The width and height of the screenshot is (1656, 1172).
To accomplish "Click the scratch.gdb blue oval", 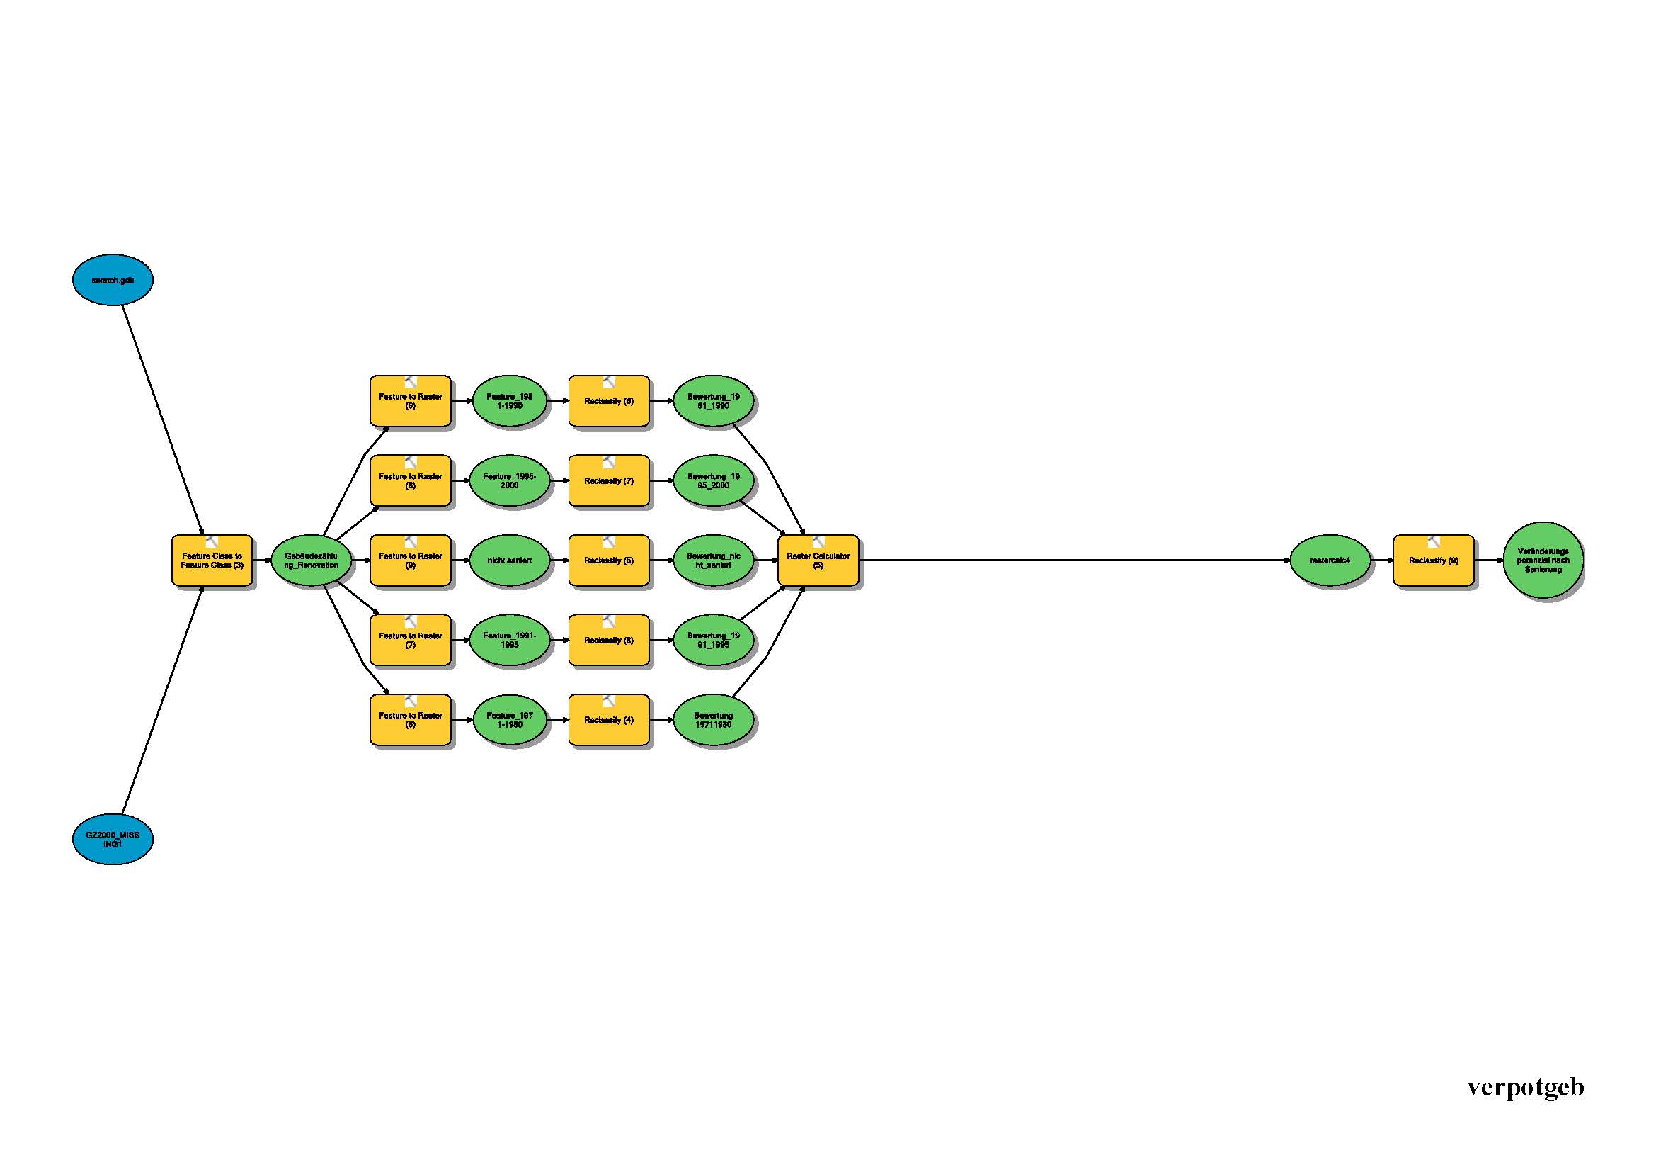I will pyautogui.click(x=113, y=280).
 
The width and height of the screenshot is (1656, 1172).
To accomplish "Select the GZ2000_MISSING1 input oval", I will pyautogui.click(x=113, y=839).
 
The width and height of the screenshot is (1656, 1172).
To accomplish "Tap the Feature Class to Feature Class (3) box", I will pyautogui.click(x=212, y=560).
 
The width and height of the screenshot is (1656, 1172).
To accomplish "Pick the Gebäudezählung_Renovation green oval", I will pyautogui.click(x=311, y=560).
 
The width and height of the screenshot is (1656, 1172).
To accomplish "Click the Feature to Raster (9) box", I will pyautogui.click(x=411, y=560).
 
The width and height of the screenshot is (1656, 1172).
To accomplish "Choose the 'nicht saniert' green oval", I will pyautogui.click(x=509, y=560).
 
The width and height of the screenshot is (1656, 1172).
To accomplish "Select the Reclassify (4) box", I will pyautogui.click(x=609, y=720).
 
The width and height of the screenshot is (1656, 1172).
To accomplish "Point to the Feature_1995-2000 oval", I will pyautogui.click(x=509, y=481).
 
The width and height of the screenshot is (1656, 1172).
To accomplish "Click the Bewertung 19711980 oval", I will pyautogui.click(x=714, y=720).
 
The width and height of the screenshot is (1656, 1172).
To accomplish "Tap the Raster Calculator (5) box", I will pyautogui.click(x=818, y=560).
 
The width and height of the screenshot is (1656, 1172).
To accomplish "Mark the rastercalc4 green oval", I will pyautogui.click(x=1330, y=560).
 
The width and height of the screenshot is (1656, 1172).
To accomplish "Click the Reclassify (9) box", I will pyautogui.click(x=1433, y=560).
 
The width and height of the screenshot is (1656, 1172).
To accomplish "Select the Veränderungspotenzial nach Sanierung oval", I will pyautogui.click(x=1543, y=560).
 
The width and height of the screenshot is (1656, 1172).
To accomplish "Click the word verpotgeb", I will pyautogui.click(x=1526, y=1087).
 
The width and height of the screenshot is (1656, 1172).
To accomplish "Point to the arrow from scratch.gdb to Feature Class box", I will pyautogui.click(x=162, y=419).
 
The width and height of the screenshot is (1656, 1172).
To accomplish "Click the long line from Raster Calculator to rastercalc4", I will pyautogui.click(x=1075, y=560).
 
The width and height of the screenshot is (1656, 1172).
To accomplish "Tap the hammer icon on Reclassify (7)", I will pyautogui.click(x=609, y=462).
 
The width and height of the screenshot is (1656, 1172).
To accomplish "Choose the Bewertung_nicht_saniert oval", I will pyautogui.click(x=714, y=560).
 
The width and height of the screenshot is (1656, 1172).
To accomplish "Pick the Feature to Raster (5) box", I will pyautogui.click(x=411, y=720).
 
